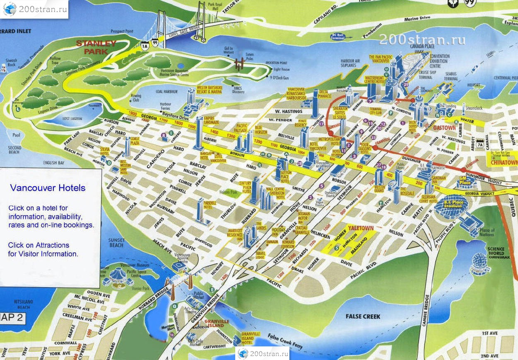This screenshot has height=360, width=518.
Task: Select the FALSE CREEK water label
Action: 363,316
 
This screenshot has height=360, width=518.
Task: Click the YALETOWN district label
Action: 360,228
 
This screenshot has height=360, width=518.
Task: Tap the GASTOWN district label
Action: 444,128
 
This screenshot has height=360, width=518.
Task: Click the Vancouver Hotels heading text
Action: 48,188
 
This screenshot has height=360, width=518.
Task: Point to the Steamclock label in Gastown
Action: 474,108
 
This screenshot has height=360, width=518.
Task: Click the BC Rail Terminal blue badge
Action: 337,36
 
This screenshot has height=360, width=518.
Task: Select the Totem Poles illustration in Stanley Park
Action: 239,62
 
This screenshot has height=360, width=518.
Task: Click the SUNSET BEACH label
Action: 116,242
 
